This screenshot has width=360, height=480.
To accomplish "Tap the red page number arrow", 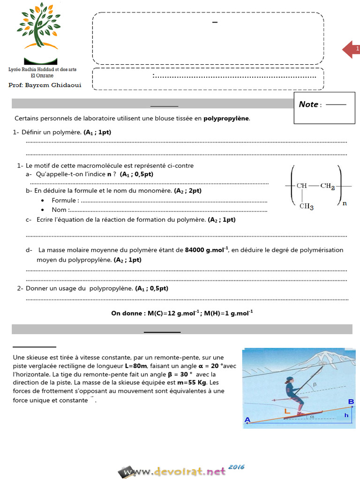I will [351, 49].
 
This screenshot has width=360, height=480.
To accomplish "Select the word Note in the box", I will [308, 105].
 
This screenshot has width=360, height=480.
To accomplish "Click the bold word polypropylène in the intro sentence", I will [226, 119].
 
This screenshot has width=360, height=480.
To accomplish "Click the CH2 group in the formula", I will [327, 186].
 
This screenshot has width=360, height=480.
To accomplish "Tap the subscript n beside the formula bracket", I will [345, 203].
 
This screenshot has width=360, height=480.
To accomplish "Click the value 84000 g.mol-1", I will [206, 250].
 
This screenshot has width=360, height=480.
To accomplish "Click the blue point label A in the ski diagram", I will [247, 420].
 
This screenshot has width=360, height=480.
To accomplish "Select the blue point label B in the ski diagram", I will [351, 401].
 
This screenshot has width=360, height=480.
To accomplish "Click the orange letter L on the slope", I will [287, 411].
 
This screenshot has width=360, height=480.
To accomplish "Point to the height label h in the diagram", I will [346, 415].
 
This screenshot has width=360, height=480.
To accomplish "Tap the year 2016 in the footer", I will [237, 467].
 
